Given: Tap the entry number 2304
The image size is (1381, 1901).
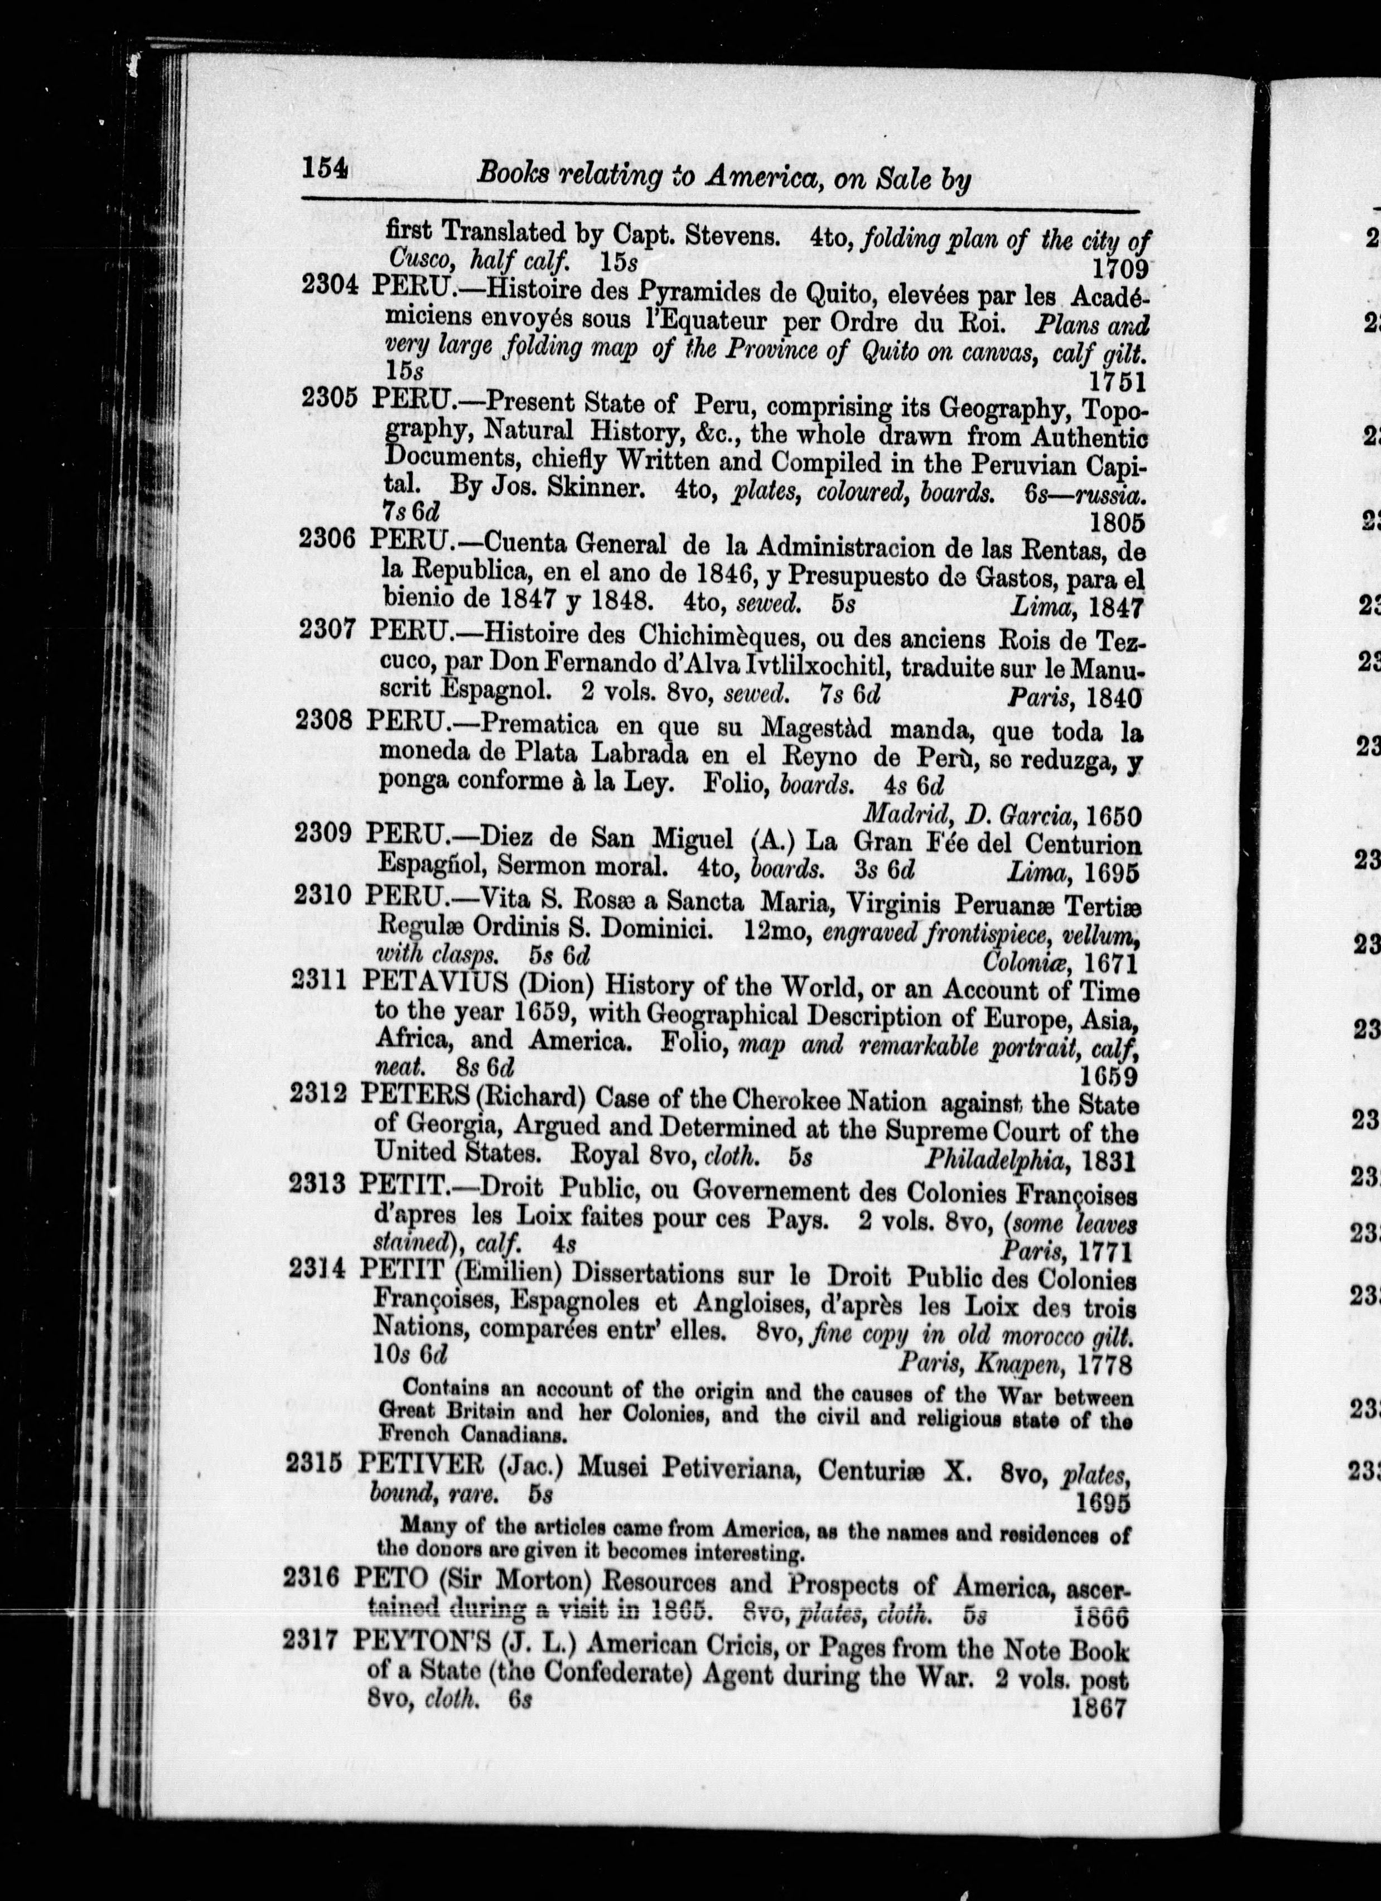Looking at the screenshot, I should (331, 285).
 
